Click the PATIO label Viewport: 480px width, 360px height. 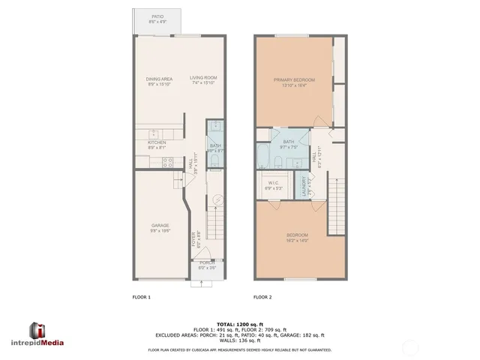pos(157,16)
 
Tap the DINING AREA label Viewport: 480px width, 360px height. pos(159,78)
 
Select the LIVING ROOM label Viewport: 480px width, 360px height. pos(202,78)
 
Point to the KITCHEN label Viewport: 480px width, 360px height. pos(156,142)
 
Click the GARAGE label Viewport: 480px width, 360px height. pos(160,225)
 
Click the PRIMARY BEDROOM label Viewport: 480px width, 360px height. pos(293,79)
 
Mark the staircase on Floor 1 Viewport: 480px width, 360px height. pos(214,219)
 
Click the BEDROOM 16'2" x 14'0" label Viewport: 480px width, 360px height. pos(293,238)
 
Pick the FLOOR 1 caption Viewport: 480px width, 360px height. pos(142,297)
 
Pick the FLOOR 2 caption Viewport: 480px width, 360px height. pos(262,297)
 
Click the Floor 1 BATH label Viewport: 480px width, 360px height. pos(215,146)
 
